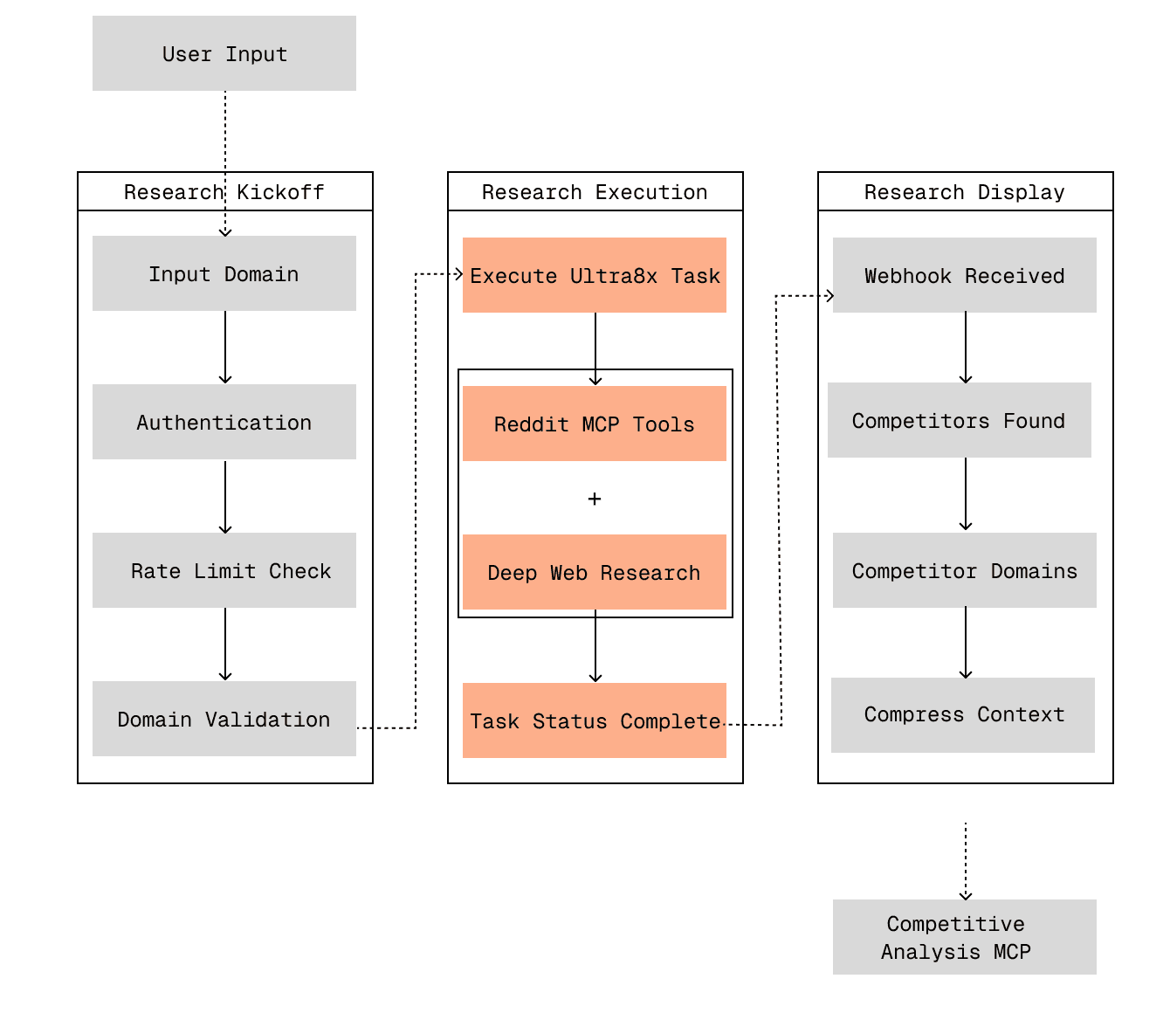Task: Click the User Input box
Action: click(224, 53)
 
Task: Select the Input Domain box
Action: click(224, 273)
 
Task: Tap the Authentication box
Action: click(224, 422)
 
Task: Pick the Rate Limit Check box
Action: click(224, 570)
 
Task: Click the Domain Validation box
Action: click(224, 719)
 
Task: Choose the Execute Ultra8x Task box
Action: click(595, 275)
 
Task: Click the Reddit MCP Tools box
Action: click(595, 424)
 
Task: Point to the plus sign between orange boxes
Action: click(595, 499)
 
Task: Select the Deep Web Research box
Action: click(595, 572)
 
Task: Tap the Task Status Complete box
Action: click(595, 720)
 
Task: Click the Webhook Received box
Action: click(965, 275)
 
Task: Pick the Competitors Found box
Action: click(960, 420)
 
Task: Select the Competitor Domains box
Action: click(965, 570)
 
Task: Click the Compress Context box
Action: click(963, 714)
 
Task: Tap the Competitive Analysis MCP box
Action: click(965, 937)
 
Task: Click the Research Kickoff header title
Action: click(224, 192)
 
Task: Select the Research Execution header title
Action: click(595, 192)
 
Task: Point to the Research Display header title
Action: click(965, 192)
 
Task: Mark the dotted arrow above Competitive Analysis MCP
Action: click(966, 861)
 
